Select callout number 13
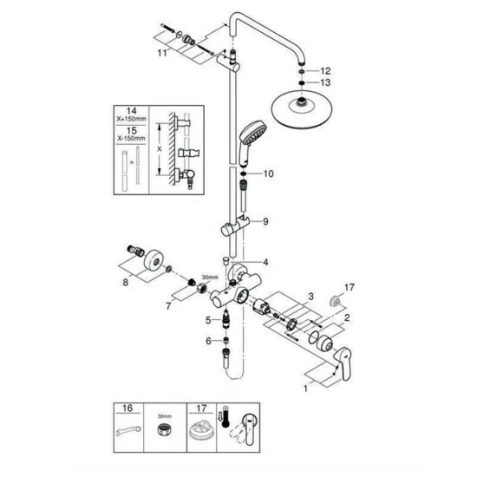point(326,82)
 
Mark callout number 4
point(266,262)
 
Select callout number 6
point(208,340)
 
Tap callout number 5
point(208,319)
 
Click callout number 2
point(348,319)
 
